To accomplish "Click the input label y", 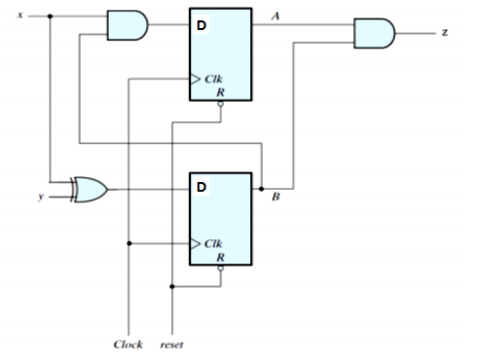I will (41, 197).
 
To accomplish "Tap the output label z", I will (445, 33).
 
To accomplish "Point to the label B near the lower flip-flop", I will (275, 198).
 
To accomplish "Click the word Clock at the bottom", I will (128, 344).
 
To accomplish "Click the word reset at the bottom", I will (172, 345).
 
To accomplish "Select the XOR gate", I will (91, 189).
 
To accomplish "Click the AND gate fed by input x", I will (127, 25).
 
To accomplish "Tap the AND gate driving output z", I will (374, 33).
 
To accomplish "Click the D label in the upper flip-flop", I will (202, 26).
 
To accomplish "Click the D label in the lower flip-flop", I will (202, 188).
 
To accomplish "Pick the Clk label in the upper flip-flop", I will (214, 79).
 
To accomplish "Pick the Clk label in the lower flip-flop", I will (213, 244).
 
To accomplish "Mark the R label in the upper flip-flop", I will (220, 91).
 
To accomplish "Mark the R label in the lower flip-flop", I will (220, 257).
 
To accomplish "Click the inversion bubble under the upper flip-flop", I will (220, 103).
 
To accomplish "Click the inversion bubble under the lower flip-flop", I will (220, 269).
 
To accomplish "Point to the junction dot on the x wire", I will (50, 15).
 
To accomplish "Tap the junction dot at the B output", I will (261, 189).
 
